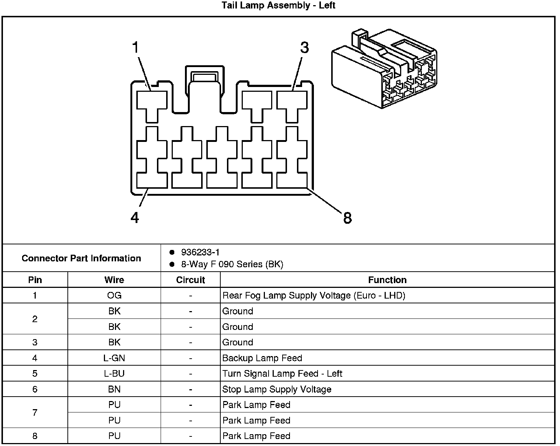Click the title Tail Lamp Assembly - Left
pyautogui.click(x=279, y=6)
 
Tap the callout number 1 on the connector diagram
pyautogui.click(x=136, y=48)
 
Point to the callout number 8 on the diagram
pyautogui.click(x=347, y=218)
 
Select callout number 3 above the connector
pyautogui.click(x=304, y=48)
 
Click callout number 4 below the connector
pyautogui.click(x=135, y=218)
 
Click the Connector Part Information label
pyautogui.click(x=81, y=258)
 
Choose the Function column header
pyautogui.click(x=387, y=280)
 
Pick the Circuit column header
pyautogui.click(x=190, y=280)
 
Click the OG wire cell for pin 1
pyautogui.click(x=114, y=295)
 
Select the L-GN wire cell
pyautogui.click(x=114, y=358)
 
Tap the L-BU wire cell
pyautogui.click(x=114, y=373)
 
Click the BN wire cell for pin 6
pyautogui.click(x=114, y=389)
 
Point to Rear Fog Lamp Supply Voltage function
pyautogui.click(x=314, y=295)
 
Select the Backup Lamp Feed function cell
pyautogui.click(x=262, y=358)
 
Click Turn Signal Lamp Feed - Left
pyautogui.click(x=282, y=373)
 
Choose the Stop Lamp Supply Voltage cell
pyautogui.click(x=277, y=389)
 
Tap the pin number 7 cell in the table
pyautogui.click(x=35, y=412)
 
